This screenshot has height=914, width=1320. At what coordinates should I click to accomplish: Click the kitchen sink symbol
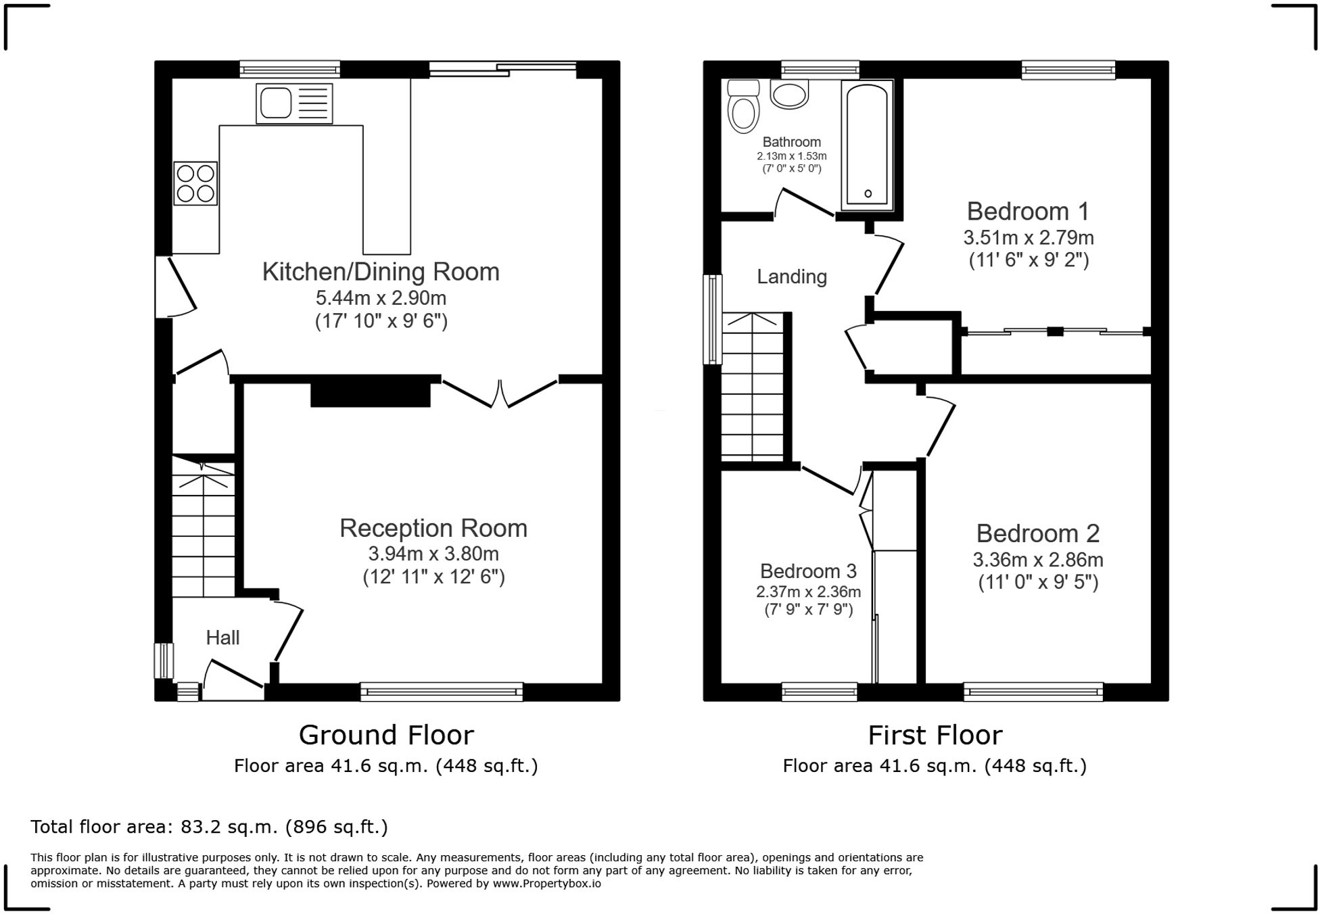(293, 104)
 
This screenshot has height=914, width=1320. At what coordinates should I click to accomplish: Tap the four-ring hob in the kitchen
(195, 183)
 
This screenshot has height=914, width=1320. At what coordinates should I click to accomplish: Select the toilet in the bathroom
(743, 108)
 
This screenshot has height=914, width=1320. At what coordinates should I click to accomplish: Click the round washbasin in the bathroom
(789, 95)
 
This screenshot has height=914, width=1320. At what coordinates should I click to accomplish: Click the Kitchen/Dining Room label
(381, 272)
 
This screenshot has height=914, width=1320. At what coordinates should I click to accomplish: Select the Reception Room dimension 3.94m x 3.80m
(433, 554)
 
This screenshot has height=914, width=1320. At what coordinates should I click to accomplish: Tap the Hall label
(222, 638)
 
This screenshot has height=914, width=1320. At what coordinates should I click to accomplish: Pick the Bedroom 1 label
(1028, 212)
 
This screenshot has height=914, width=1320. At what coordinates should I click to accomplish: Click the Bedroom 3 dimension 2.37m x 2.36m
(808, 592)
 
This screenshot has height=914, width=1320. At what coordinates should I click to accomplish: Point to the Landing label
(791, 276)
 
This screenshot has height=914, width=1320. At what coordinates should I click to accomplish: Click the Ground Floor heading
(386, 735)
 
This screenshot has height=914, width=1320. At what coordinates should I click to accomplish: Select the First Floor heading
(935, 735)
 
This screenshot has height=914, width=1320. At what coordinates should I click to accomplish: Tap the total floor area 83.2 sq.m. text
(209, 827)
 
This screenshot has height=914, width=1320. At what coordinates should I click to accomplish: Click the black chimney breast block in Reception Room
(371, 391)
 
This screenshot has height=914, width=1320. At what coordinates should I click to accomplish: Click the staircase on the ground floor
(203, 527)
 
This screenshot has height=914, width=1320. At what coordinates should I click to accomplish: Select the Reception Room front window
(442, 692)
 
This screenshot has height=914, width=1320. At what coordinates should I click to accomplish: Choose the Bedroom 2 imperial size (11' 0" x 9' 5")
(1038, 582)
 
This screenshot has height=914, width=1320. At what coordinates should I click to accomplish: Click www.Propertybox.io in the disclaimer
(546, 884)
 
